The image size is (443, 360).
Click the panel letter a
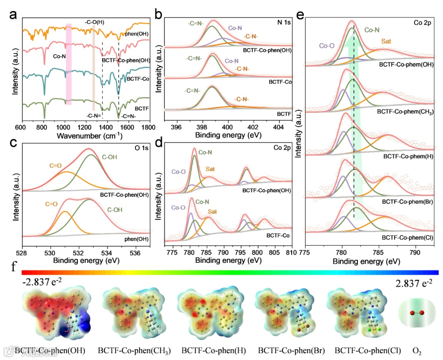coord(14,16)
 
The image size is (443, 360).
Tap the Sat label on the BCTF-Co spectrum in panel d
coord(212,212)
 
